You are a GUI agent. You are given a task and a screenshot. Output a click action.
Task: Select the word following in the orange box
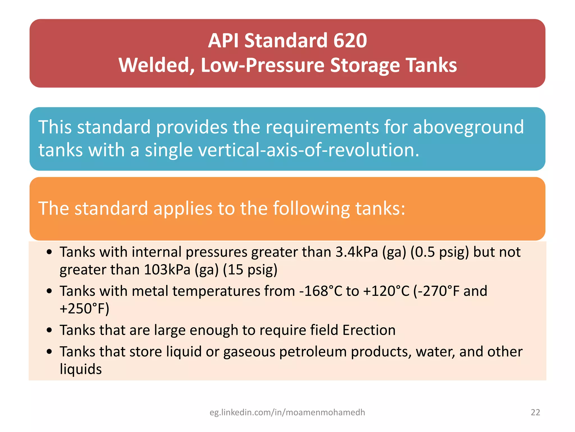[x=311, y=208]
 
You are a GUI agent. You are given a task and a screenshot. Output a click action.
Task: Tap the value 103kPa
[x=167, y=270]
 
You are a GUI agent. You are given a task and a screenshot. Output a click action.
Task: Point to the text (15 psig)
[x=250, y=270]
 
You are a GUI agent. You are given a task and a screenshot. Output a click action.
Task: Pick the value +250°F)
[x=84, y=309]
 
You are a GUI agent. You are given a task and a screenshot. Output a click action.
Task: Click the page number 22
[x=535, y=412]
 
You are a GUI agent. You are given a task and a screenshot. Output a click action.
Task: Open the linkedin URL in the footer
[x=287, y=412]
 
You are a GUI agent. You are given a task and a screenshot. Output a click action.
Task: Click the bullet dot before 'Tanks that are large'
[x=49, y=330]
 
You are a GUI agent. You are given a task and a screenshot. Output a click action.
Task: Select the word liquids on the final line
[x=81, y=369]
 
